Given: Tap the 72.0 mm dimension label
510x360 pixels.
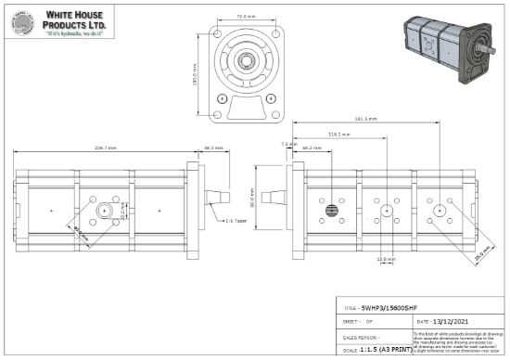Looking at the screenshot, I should tap(246, 16).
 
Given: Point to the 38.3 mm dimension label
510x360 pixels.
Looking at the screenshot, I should tap(213, 148).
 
